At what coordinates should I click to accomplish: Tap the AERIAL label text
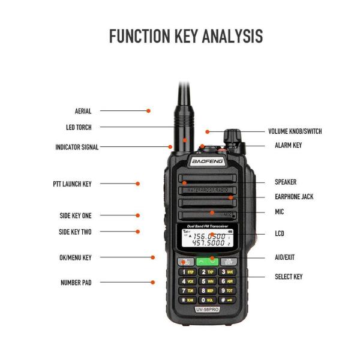(x=83, y=111)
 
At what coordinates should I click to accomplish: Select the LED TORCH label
(x=79, y=127)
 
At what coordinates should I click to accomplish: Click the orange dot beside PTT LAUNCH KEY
(x=137, y=184)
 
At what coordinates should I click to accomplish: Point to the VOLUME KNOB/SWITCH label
(x=294, y=131)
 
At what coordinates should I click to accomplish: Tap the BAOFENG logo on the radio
(x=207, y=162)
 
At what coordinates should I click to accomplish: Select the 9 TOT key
(x=228, y=290)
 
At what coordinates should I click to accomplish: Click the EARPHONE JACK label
(x=294, y=197)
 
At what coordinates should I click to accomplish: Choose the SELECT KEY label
(x=289, y=277)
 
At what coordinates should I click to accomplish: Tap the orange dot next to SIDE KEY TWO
(x=137, y=232)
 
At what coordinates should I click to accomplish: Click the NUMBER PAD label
(x=76, y=282)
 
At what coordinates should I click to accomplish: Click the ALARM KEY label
(x=288, y=145)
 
